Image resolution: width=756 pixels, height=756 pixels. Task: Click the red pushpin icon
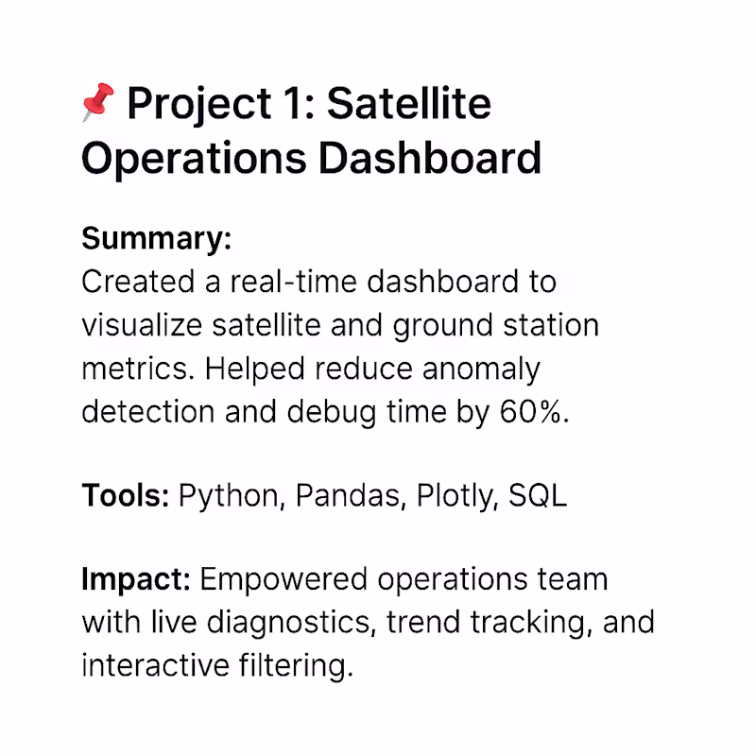pyautogui.click(x=98, y=102)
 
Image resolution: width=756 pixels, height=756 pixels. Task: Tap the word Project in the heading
pyautogui.click(x=199, y=105)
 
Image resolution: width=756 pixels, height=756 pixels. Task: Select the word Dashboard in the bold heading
pyautogui.click(x=430, y=158)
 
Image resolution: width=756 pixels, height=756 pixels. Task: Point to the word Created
pyautogui.click(x=138, y=282)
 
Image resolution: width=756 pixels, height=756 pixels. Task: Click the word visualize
pyautogui.click(x=142, y=325)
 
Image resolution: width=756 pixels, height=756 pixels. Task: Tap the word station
pyautogui.click(x=551, y=325)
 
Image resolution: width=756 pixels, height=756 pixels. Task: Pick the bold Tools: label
pyautogui.click(x=126, y=495)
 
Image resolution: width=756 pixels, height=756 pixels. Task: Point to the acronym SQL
pyautogui.click(x=538, y=495)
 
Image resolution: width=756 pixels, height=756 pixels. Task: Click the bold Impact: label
pyautogui.click(x=136, y=580)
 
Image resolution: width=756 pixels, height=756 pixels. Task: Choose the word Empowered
pyautogui.click(x=283, y=580)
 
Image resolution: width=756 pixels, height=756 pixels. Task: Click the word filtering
pyautogui.click(x=296, y=667)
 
